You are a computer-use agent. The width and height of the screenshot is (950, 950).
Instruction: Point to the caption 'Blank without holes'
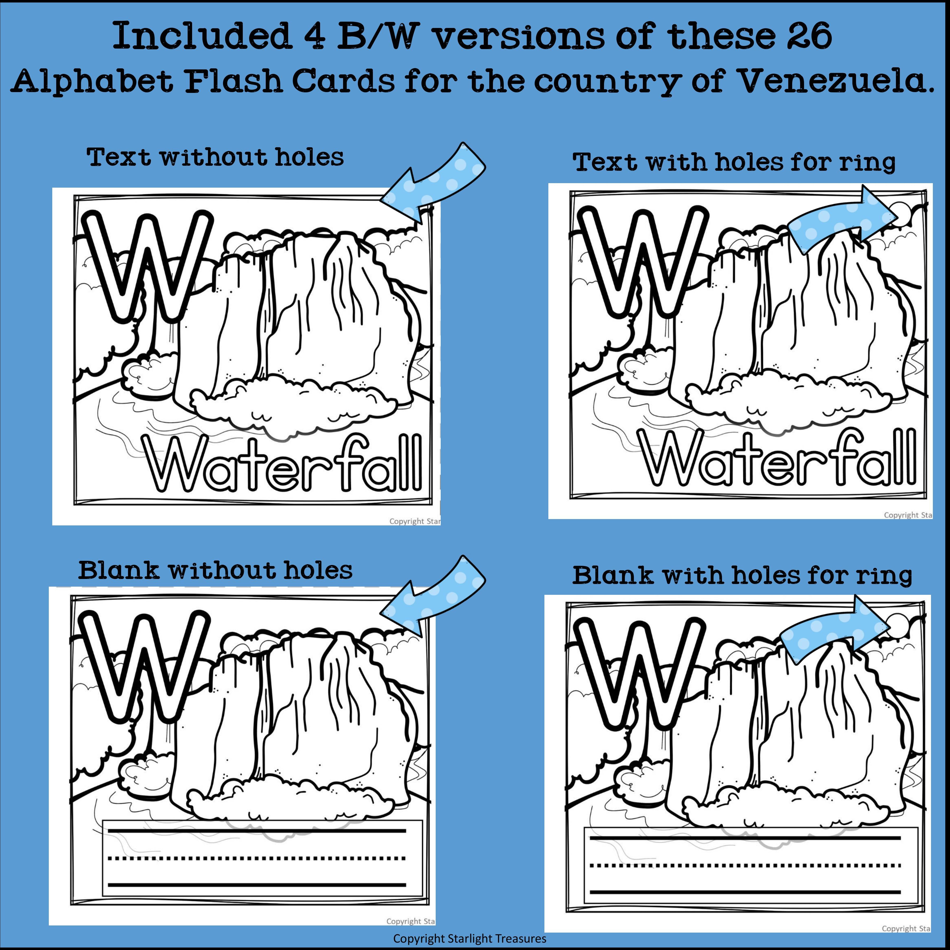tap(215, 570)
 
